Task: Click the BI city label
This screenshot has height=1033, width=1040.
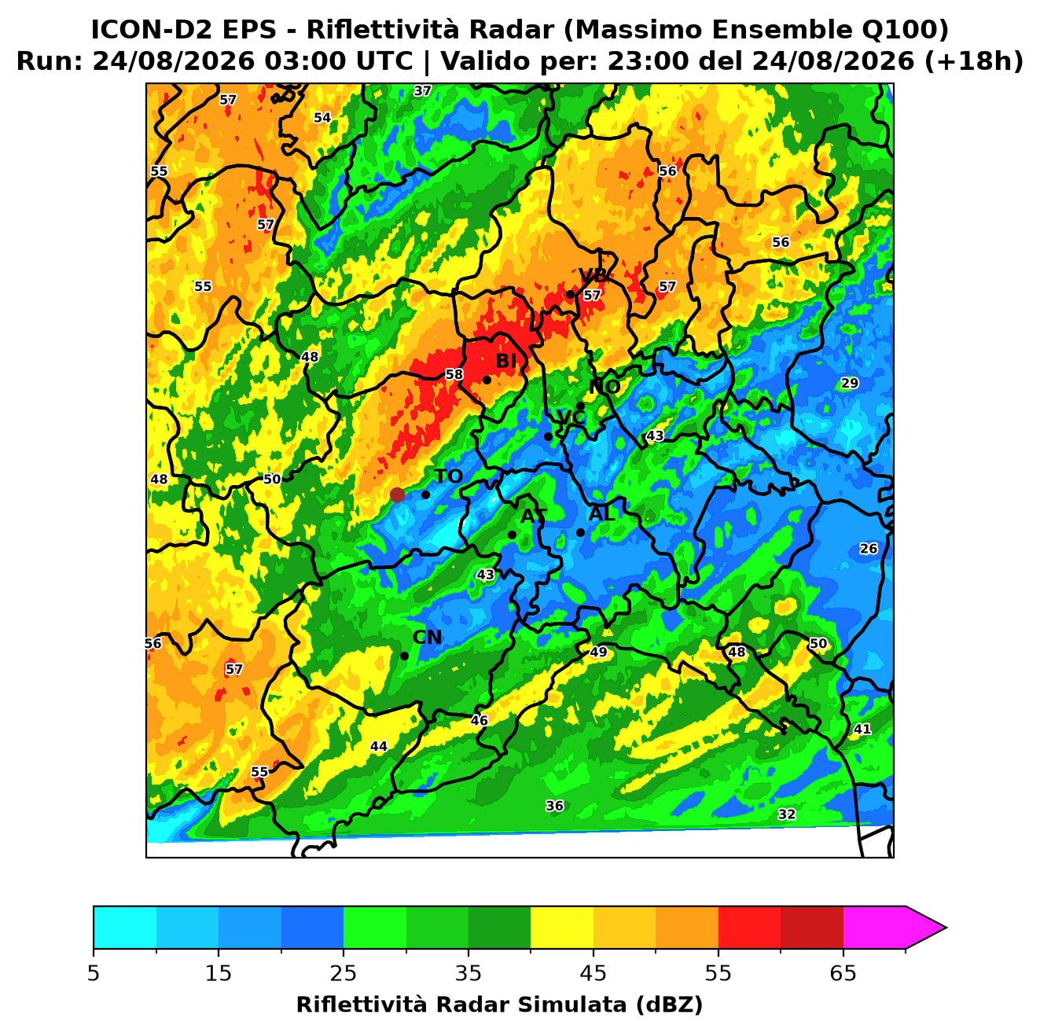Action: click(505, 362)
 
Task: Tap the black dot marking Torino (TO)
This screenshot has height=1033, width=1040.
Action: click(425, 494)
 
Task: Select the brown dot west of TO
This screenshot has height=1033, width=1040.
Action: click(397, 494)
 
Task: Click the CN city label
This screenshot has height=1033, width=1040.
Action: click(427, 638)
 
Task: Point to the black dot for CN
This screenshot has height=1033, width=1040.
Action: click(404, 656)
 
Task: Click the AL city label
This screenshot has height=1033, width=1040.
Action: click(601, 513)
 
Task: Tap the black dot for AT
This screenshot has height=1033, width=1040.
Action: click(512, 535)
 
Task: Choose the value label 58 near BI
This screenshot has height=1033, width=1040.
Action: click(454, 374)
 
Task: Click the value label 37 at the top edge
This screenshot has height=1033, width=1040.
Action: click(423, 90)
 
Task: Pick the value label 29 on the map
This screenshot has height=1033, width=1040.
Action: click(850, 383)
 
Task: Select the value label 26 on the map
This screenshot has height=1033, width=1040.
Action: click(869, 549)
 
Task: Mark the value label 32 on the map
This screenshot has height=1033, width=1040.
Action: click(787, 814)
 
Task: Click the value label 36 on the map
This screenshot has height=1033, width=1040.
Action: click(555, 806)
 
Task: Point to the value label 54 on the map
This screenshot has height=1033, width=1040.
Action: click(322, 117)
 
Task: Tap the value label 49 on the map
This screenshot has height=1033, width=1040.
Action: click(598, 652)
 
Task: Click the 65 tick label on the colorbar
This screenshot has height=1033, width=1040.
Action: click(843, 973)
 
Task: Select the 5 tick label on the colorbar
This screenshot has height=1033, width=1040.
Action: click(94, 973)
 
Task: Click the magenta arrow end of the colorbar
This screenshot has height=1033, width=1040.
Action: click(924, 928)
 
